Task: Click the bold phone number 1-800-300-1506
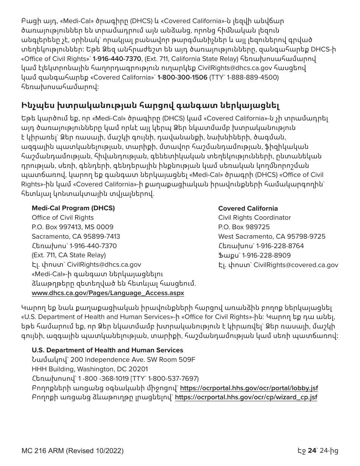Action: click(x=182, y=77)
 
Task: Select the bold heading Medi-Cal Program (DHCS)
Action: click(x=73, y=208)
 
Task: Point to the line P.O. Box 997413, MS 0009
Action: click(x=72, y=227)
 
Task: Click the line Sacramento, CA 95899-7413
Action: click(x=76, y=236)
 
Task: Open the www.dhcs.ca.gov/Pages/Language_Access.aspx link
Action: click(x=108, y=293)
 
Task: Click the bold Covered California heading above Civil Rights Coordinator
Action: click(x=248, y=208)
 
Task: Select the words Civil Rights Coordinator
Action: click(x=254, y=217)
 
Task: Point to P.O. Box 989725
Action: click(x=244, y=227)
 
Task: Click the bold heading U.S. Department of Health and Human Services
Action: click(x=107, y=350)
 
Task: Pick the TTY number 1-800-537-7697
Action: click(x=172, y=378)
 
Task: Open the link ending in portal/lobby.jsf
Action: click(x=249, y=388)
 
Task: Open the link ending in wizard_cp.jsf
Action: click(x=246, y=397)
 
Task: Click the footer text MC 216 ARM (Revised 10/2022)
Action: click(x=72, y=451)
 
